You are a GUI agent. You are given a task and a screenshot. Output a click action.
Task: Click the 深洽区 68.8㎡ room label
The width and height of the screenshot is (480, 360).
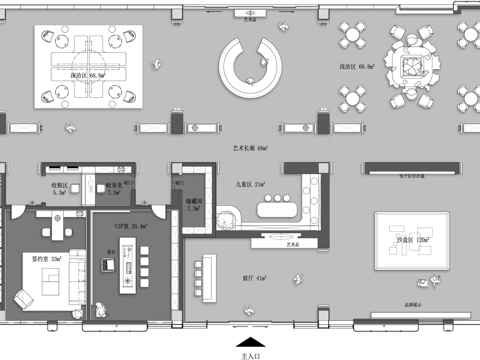[x=87, y=74]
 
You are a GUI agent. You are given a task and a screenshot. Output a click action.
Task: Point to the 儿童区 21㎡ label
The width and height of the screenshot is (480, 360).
[x=251, y=185]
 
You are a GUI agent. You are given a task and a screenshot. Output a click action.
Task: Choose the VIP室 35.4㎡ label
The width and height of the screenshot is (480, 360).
[x=132, y=227]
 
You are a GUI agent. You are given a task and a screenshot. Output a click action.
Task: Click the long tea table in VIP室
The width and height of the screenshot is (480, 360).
[x=127, y=275]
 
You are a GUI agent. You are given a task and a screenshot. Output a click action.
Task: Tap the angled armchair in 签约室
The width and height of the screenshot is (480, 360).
[x=23, y=297]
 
